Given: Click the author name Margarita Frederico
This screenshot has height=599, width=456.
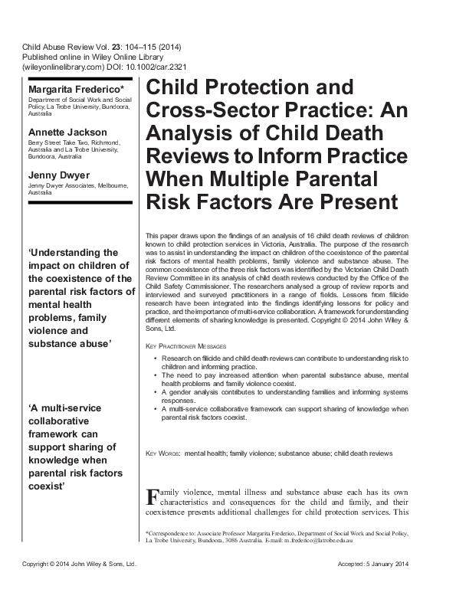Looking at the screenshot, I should [x=63, y=90].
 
